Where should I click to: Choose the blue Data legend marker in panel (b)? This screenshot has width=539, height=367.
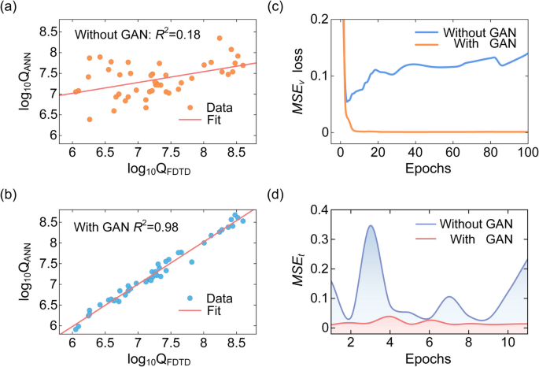191,298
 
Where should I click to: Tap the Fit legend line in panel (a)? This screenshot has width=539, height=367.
191,122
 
